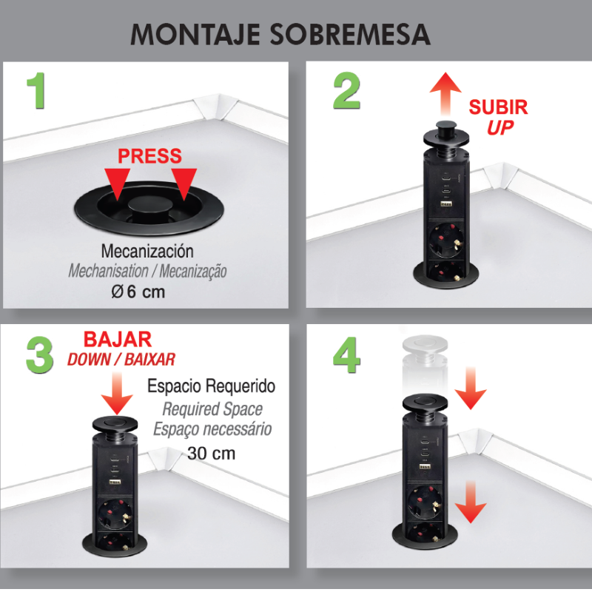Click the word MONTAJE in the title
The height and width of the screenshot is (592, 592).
click(x=189, y=35)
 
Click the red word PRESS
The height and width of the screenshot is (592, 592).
click(x=149, y=156)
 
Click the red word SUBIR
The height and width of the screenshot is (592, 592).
click(x=498, y=107)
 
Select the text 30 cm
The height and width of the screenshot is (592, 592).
click(x=211, y=452)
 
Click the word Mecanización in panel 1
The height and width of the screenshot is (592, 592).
click(x=147, y=251)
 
